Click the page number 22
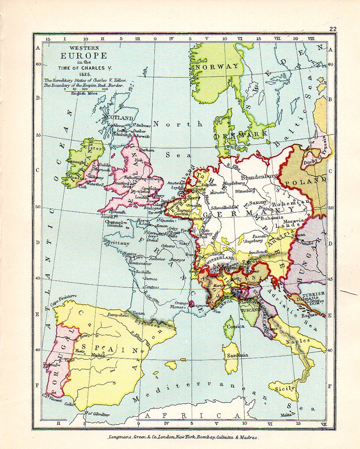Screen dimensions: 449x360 point(333,29)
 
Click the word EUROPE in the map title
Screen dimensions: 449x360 point(83,56)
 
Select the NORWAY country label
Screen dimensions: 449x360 point(219,67)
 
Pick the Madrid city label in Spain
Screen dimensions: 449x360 point(97,356)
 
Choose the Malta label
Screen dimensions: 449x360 point(286,414)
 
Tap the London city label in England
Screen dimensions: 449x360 point(141,197)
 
